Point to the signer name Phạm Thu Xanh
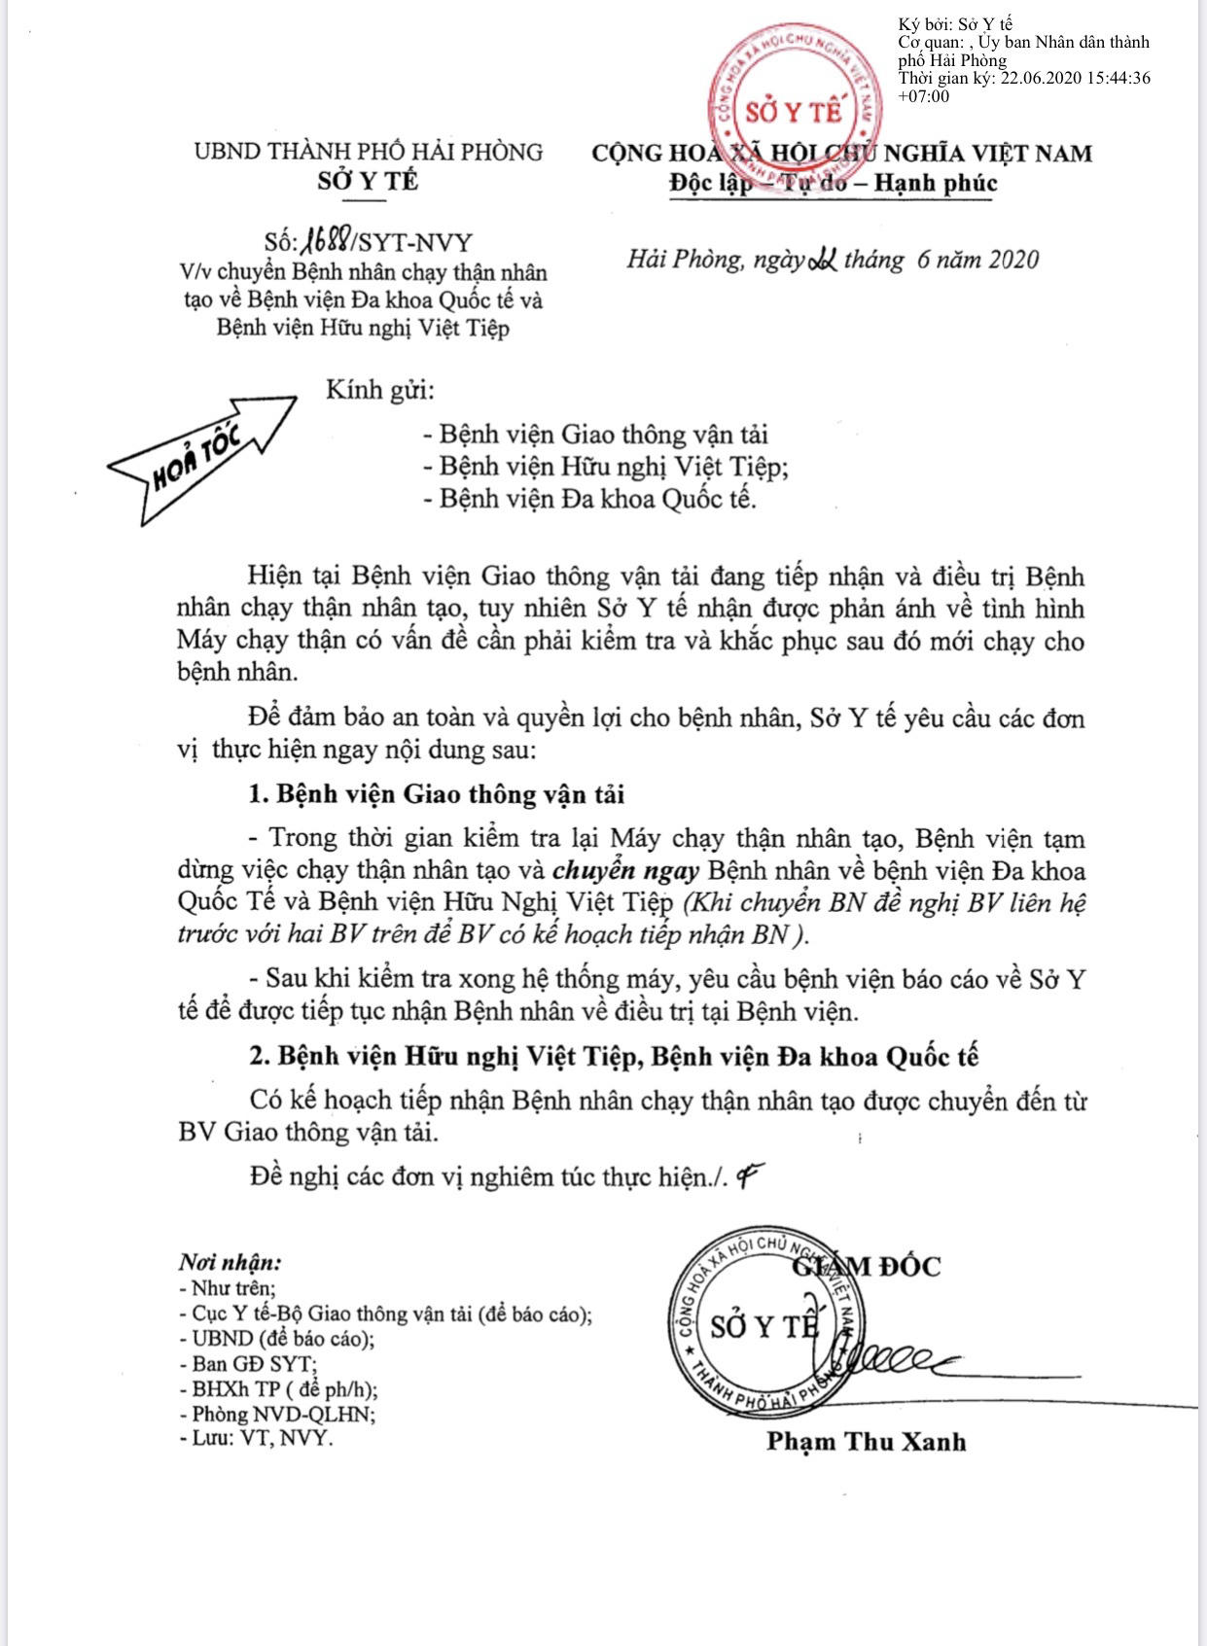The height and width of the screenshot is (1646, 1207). (866, 1441)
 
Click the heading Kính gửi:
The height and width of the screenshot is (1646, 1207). (380, 391)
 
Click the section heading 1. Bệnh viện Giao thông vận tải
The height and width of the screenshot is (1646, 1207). (437, 794)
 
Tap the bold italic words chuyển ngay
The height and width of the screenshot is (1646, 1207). (625, 870)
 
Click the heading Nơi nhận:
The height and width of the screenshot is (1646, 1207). (231, 1262)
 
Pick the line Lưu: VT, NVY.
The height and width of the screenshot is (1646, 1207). (257, 1438)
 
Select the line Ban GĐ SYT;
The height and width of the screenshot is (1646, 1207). (248, 1363)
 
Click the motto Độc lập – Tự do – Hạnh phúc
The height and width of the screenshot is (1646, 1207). (834, 183)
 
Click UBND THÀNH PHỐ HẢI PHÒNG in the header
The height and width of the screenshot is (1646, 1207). (368, 153)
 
